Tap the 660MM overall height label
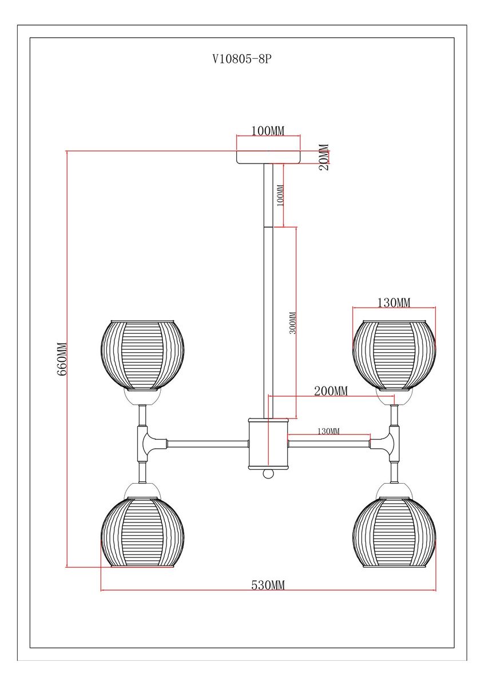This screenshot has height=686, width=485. tap(62, 358)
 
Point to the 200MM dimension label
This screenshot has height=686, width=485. tap(331, 390)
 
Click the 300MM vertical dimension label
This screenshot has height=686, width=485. tap(292, 323)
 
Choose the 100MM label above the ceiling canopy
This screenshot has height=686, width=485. tap(268, 131)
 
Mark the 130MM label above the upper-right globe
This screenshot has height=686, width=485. tap(394, 302)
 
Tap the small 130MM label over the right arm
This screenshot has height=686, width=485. tap(328, 430)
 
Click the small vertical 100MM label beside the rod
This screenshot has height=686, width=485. tap(280, 196)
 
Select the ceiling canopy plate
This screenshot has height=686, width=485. tap(268, 157)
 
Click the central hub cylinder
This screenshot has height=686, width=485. tap(268, 442)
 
